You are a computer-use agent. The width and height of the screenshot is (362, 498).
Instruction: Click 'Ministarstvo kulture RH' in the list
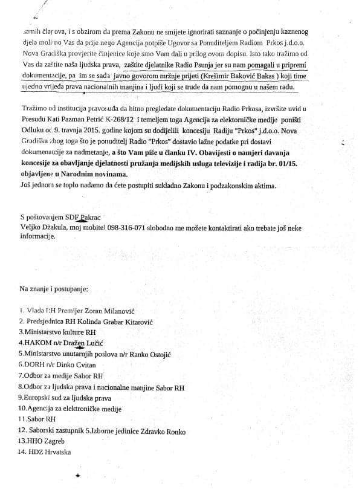(58, 332)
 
